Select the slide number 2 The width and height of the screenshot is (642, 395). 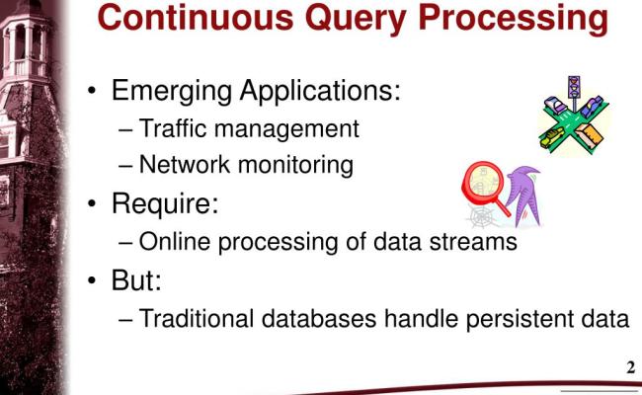[630, 368]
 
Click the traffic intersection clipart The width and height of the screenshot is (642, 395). [573, 117]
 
